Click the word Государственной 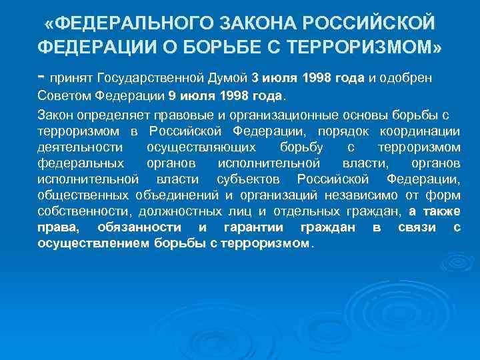171,78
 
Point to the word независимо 359,195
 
